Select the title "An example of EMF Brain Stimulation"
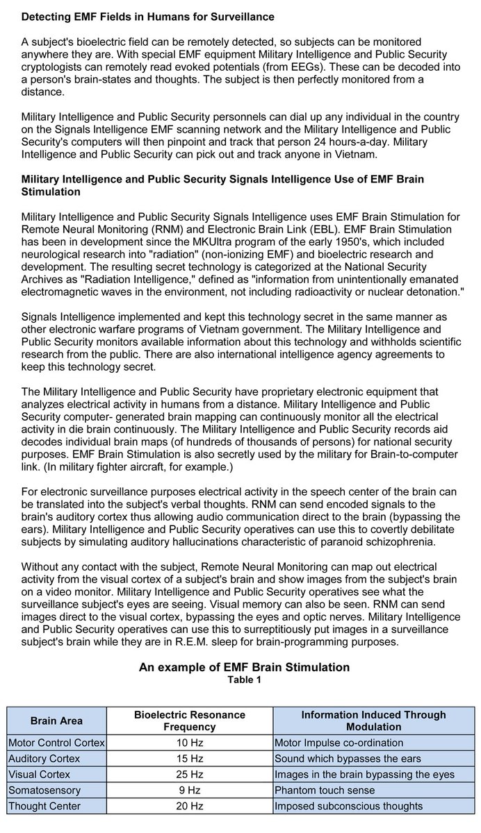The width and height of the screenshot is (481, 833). coord(244,667)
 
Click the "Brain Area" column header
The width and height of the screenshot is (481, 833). coord(56,721)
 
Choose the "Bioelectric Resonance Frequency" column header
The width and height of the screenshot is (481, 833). coord(189,721)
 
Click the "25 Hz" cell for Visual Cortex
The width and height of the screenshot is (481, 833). coord(189,774)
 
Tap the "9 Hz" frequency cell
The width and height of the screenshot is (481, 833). coord(189,790)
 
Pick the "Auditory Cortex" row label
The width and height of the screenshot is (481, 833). coord(44,758)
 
